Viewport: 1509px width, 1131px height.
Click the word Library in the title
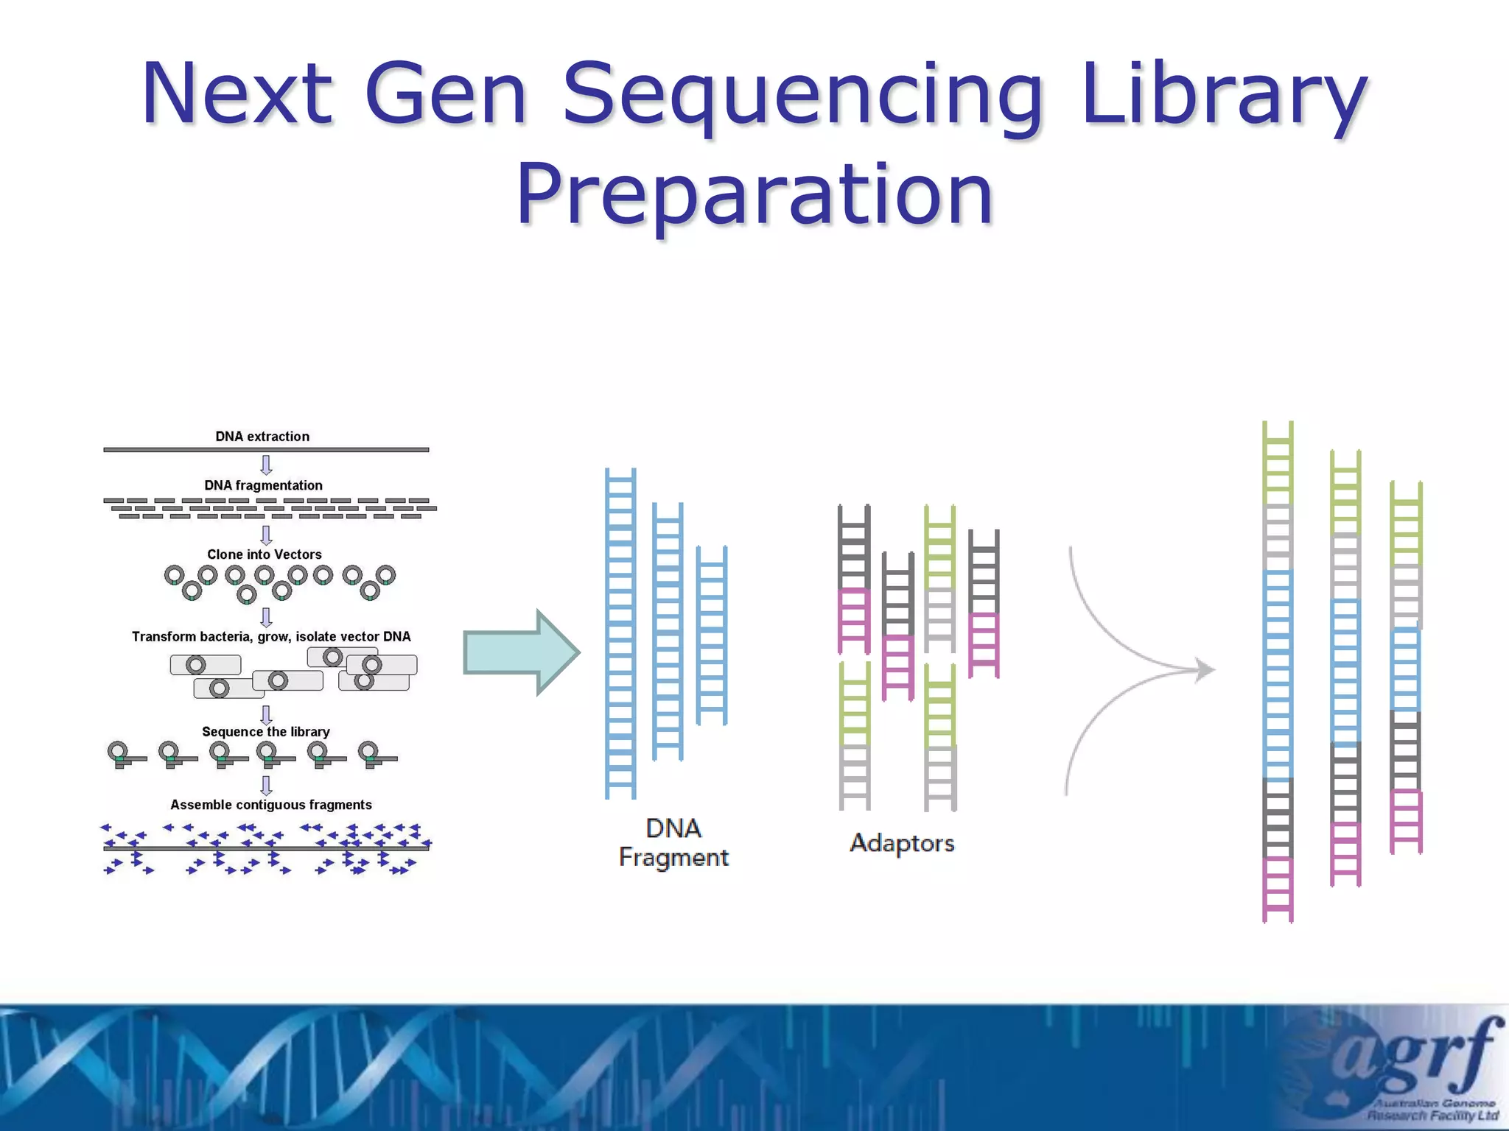(x=1223, y=96)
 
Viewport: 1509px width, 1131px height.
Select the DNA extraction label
(x=262, y=437)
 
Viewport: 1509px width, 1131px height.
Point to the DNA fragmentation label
(x=263, y=485)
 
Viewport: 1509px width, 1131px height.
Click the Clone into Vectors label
(x=264, y=554)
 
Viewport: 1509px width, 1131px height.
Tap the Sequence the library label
(x=265, y=732)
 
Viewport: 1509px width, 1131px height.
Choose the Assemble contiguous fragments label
(x=270, y=805)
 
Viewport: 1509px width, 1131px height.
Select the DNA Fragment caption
(x=673, y=843)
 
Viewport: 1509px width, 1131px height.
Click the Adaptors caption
(x=901, y=843)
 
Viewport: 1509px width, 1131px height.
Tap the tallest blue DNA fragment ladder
(x=620, y=633)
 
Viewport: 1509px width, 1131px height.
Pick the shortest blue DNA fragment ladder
(x=712, y=635)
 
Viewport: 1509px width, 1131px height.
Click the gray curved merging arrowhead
(x=1204, y=670)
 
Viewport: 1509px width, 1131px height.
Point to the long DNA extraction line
(x=265, y=449)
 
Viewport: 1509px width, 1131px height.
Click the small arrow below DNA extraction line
(x=266, y=465)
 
